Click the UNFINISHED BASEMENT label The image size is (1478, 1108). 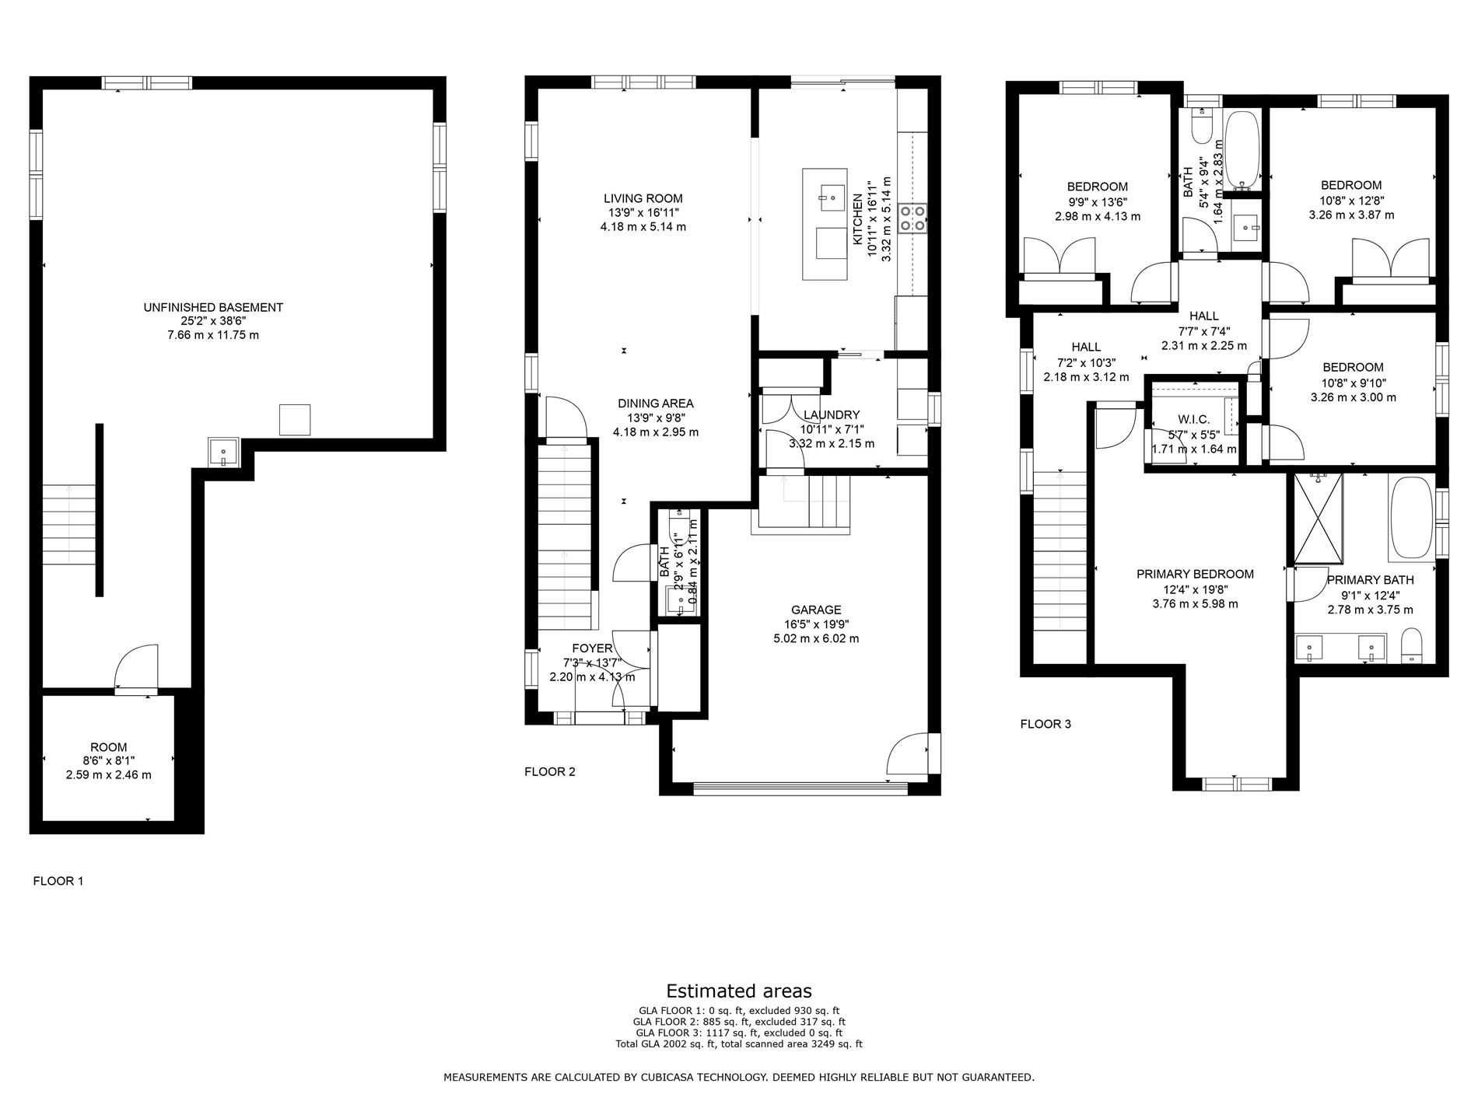pos(213,307)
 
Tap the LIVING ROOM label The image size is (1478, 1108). pos(643,198)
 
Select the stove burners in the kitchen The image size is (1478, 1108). pos(912,218)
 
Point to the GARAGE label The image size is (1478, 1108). pos(816,610)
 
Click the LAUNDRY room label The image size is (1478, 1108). pos(832,415)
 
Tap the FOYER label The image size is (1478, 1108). pos(592,648)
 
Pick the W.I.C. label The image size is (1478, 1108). pos(1193,420)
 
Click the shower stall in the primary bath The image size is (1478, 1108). pos(1319,518)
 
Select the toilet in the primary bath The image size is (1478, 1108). pos(1411,647)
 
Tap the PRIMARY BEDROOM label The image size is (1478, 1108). pos(1195,575)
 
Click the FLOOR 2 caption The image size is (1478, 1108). pos(550,772)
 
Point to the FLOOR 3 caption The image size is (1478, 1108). pos(1045,724)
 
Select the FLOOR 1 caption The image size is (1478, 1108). pos(58,881)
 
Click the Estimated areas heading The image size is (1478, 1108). pos(739,991)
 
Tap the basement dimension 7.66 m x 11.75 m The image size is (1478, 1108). pos(213,335)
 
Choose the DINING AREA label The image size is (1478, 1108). pos(656,404)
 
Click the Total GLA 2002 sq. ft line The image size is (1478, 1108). pos(739,1044)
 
